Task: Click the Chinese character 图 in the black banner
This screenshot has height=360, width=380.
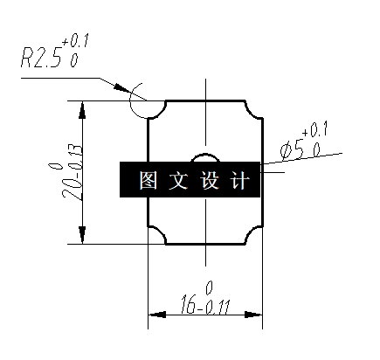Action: tap(147, 181)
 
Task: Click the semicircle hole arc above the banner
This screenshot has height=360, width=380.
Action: tap(205, 156)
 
